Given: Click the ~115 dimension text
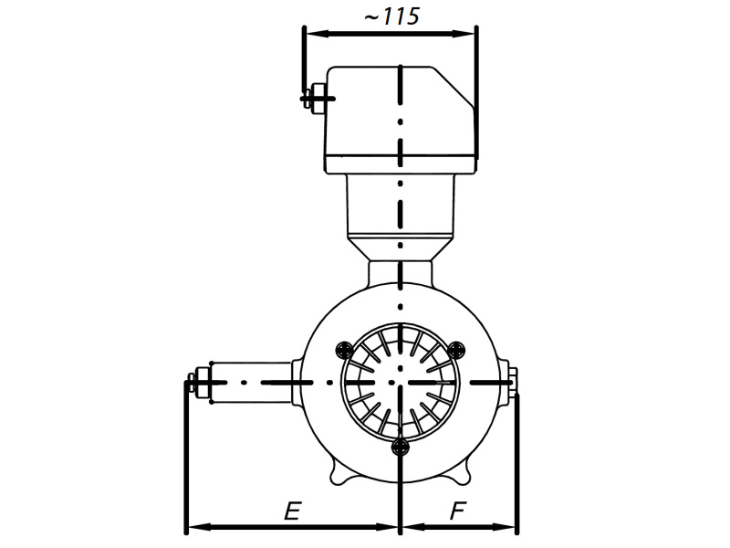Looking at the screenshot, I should point(391,17).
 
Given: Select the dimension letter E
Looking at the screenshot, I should point(291,512).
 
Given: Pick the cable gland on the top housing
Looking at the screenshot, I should point(315,97).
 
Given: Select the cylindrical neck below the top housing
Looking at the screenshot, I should point(401,205).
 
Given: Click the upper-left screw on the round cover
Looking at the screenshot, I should point(344,348).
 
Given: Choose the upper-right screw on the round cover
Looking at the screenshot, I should point(458,348).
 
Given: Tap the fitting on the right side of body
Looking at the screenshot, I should point(511,381).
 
